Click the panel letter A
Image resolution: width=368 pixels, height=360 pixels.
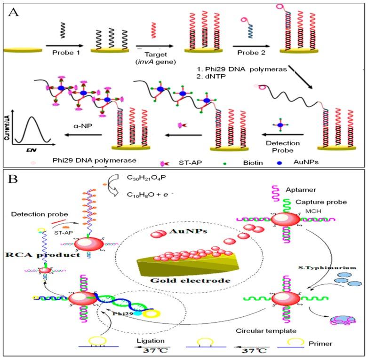[x=15, y=12]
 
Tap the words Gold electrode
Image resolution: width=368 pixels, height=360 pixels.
[x=184, y=281]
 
